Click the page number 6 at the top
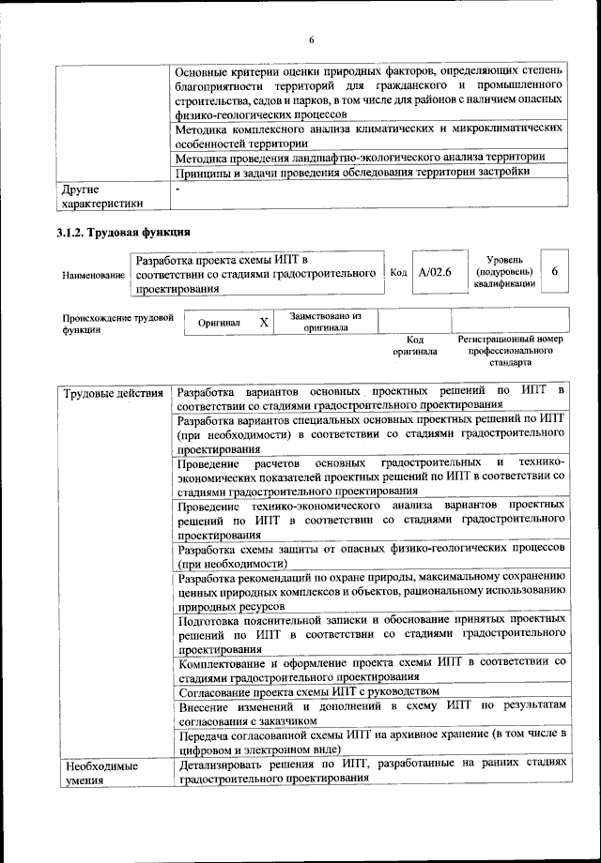coord(312,39)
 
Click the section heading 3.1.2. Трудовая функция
coord(124,233)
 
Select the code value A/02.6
coord(436,272)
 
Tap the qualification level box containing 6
coord(555,271)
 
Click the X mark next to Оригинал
coord(264,322)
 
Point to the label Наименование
coord(93,275)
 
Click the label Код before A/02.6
coord(397,272)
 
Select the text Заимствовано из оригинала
coord(326,322)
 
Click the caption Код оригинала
coord(415,346)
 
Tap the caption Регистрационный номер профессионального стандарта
coord(509,350)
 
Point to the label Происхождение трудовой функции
coord(116,324)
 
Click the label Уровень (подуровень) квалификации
coord(505,271)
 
